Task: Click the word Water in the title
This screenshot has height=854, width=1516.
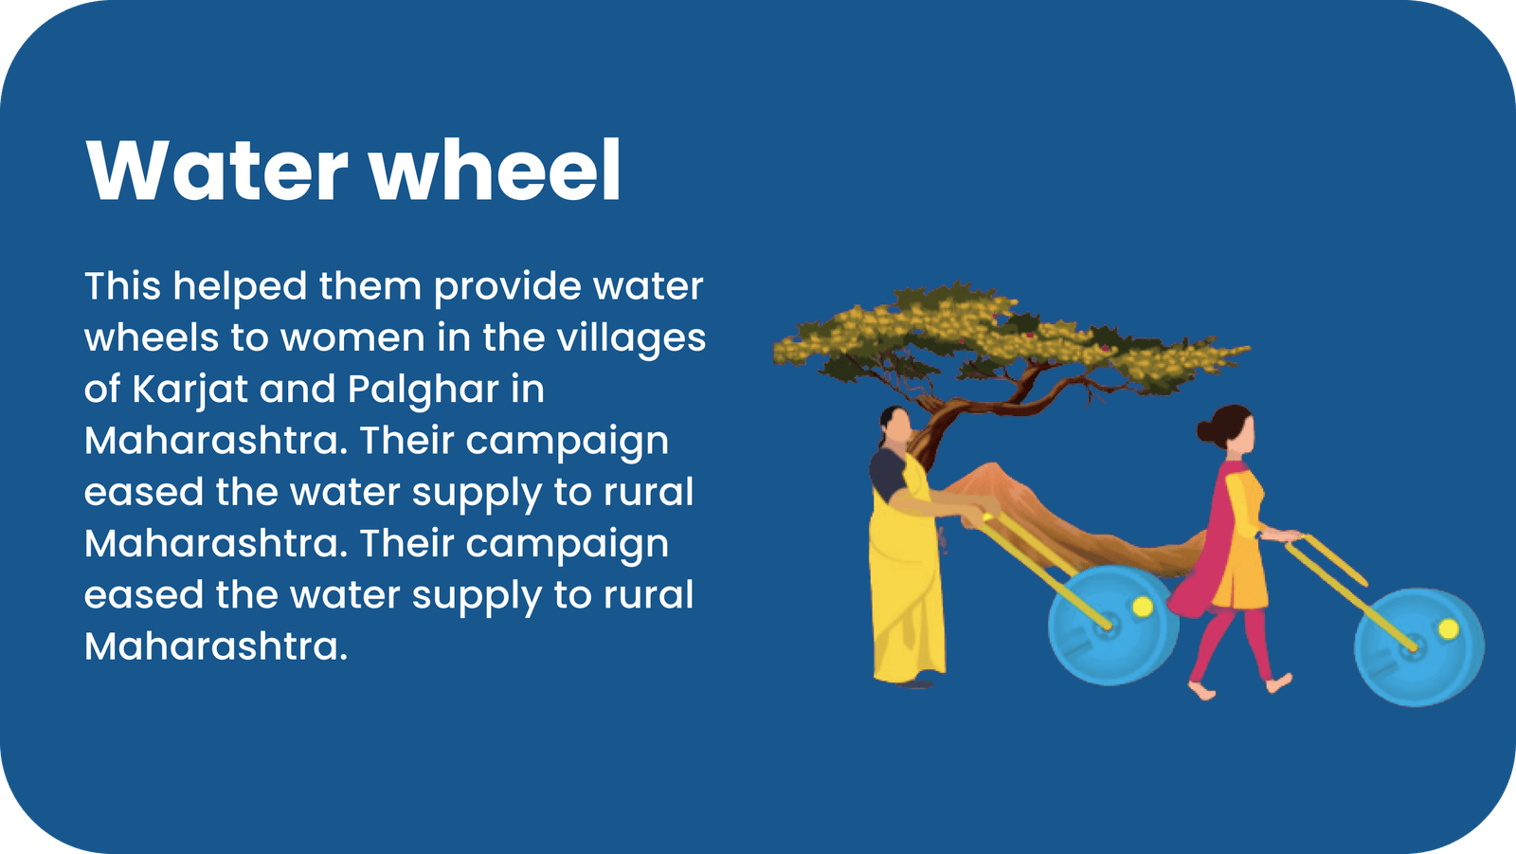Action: coord(217,170)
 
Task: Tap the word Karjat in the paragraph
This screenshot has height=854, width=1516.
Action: coord(189,391)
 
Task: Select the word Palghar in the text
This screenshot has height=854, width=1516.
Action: coord(423,391)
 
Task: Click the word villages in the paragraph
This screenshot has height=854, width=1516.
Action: coord(631,338)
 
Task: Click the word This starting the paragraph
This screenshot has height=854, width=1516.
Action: coord(122,286)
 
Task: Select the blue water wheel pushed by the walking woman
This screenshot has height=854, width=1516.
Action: coord(1419,646)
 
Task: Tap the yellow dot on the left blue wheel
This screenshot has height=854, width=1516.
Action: coord(1143,606)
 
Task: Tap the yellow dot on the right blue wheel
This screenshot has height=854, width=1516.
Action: coord(1449,628)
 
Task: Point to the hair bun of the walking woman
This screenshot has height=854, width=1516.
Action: coord(1205,430)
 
